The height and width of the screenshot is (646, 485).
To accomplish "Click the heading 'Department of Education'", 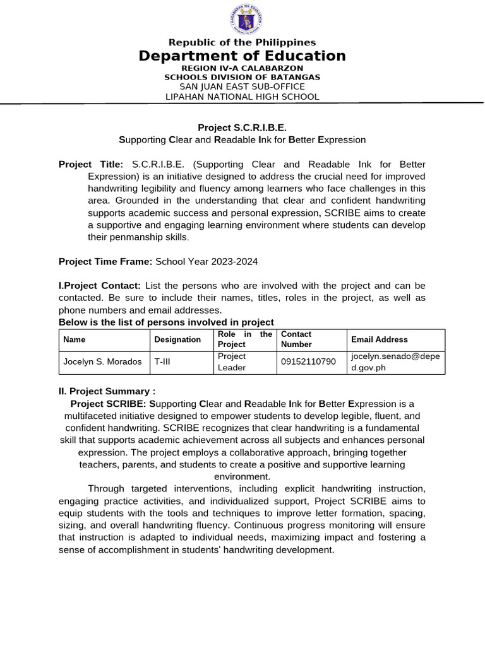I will (x=242, y=56).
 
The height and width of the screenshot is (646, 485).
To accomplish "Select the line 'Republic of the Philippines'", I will (x=242, y=42).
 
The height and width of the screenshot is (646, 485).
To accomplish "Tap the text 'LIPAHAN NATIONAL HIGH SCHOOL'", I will (x=242, y=97).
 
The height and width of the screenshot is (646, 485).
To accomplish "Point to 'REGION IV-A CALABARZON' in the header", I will (x=242, y=68).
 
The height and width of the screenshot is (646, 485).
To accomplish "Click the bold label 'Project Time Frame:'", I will (x=105, y=261).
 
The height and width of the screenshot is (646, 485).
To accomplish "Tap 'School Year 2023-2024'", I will (x=207, y=261).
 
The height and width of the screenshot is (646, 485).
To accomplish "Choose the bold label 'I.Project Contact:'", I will (x=100, y=286).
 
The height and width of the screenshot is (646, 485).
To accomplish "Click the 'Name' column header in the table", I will (x=75, y=339).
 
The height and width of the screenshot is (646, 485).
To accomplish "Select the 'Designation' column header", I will (x=177, y=339).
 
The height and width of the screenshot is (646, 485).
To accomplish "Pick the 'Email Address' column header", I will (x=380, y=339).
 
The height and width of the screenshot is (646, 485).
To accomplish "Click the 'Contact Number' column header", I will (x=297, y=339).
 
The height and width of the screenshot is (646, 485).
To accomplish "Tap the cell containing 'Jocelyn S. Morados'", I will (x=102, y=362).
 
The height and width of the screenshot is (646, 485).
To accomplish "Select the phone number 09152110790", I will (x=308, y=362).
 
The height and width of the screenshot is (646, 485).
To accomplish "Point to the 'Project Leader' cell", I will (x=232, y=362).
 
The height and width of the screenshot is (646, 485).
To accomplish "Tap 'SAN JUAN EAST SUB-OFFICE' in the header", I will (x=242, y=86).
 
